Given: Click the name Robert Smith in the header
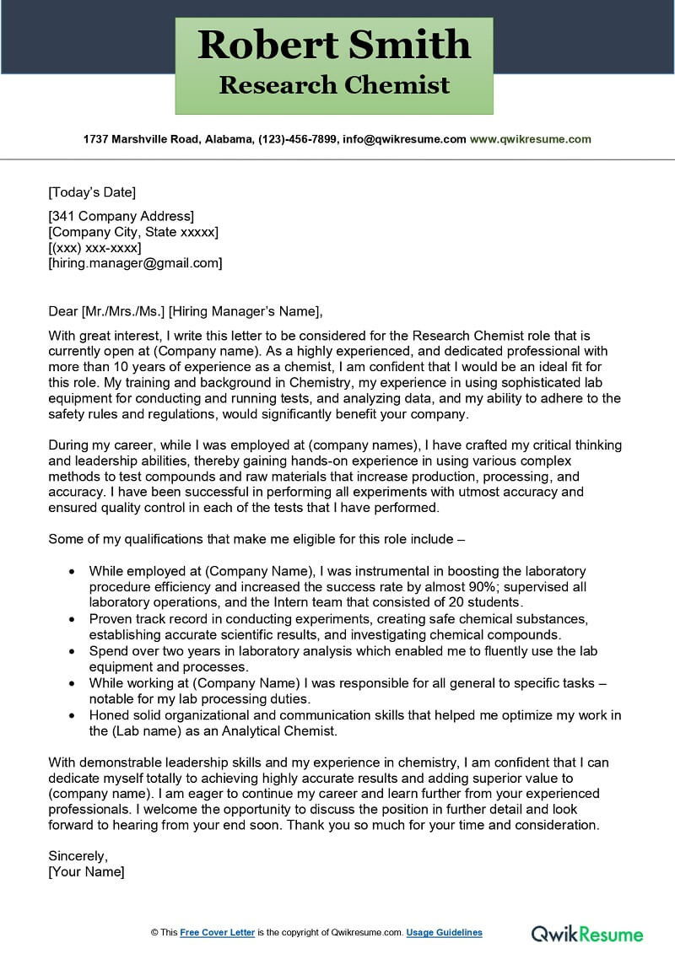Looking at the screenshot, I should click(334, 45).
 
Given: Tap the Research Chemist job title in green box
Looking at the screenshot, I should click(334, 85).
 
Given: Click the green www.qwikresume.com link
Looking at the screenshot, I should click(531, 139).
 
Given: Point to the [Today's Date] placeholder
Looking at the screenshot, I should click(92, 191).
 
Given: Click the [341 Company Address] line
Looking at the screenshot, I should click(121, 216).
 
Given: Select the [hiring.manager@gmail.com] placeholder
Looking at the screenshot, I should click(135, 263).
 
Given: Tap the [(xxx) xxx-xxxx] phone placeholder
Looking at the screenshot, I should click(94, 247).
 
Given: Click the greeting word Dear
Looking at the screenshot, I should click(63, 311).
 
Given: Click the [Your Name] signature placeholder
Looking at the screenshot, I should click(86, 871).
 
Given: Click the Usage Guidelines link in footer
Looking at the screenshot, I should click(444, 932).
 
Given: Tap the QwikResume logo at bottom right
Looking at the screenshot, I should click(586, 933).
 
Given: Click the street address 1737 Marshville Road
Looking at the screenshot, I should click(138, 139).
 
